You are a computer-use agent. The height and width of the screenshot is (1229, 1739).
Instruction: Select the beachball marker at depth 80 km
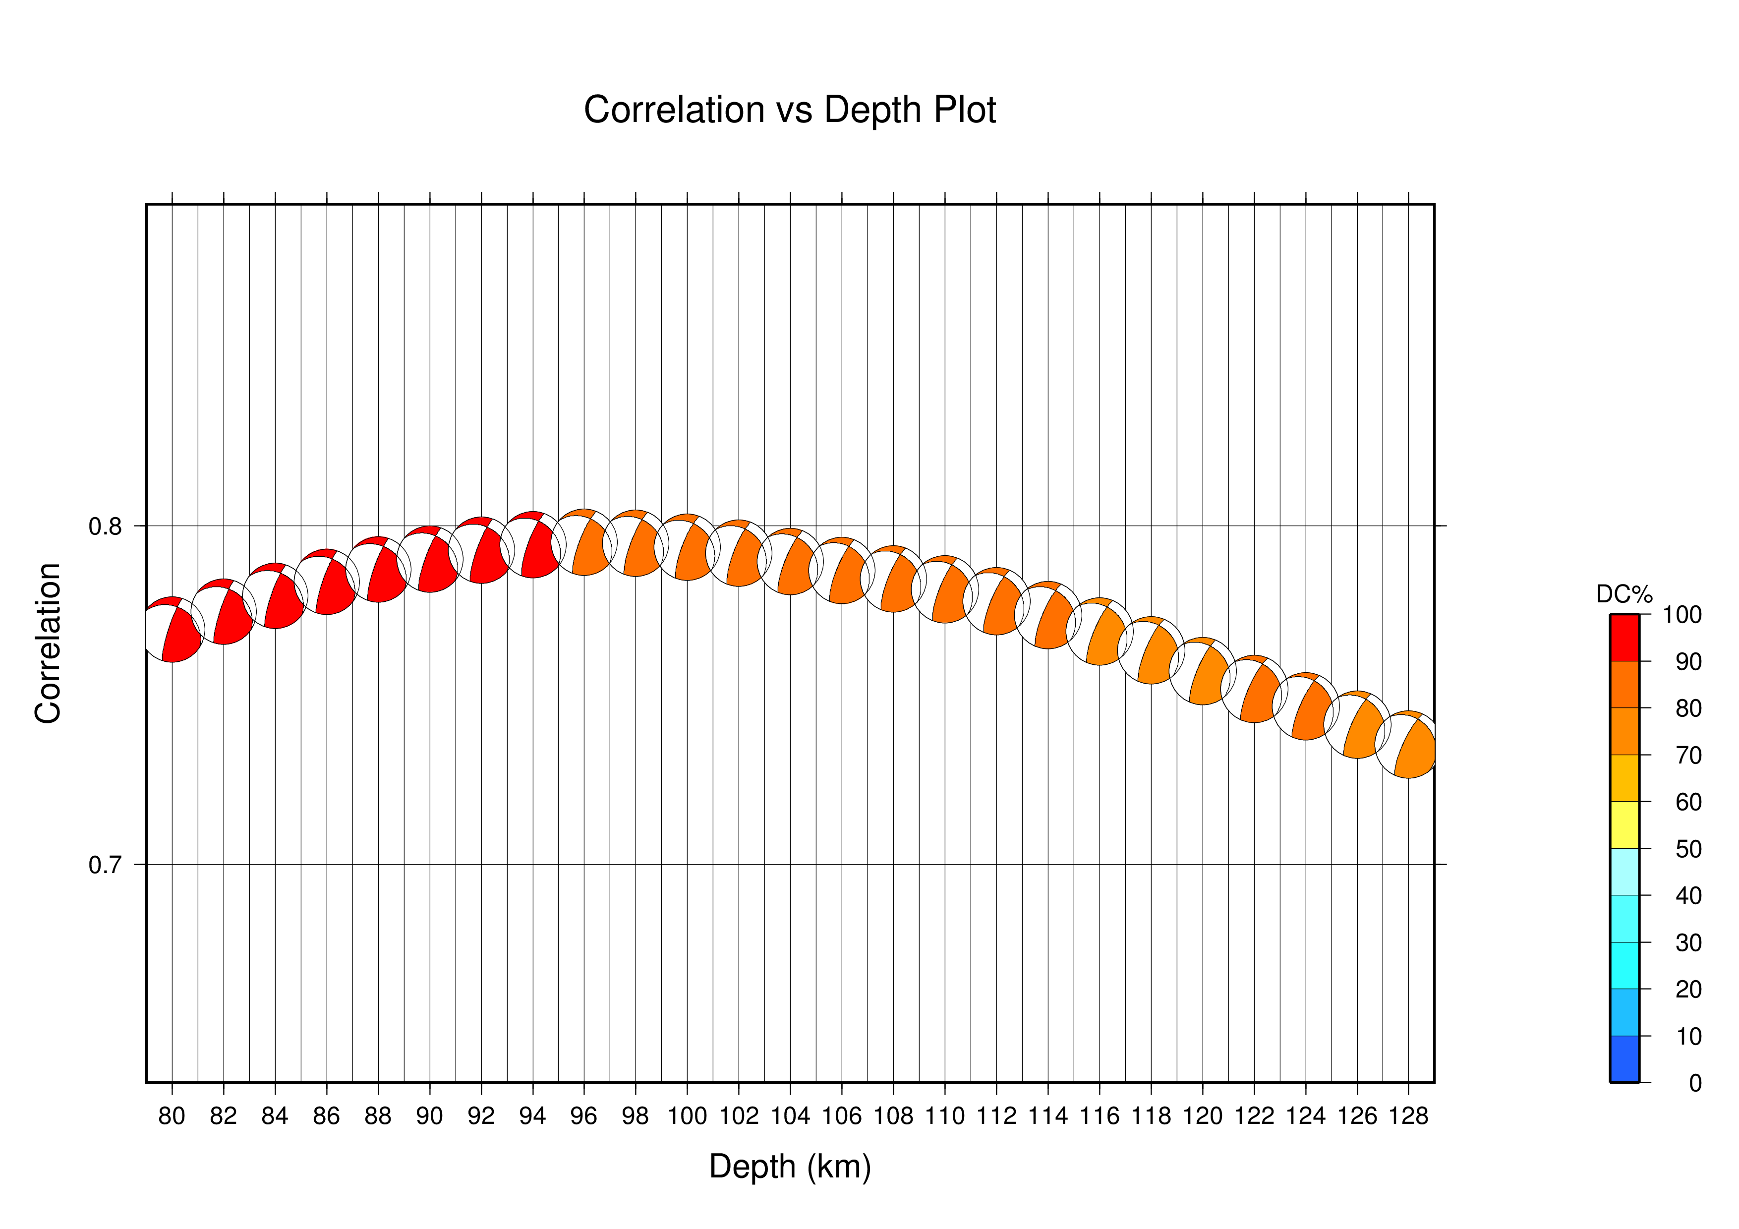pos(172,629)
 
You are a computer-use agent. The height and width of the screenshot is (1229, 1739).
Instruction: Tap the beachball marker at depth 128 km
pos(1408,744)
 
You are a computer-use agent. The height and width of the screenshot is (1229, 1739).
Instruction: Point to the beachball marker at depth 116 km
pos(1099,632)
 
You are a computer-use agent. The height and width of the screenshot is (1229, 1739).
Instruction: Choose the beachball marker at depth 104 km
pos(790,561)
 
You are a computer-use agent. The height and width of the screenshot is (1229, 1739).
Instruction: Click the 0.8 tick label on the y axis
pos(105,527)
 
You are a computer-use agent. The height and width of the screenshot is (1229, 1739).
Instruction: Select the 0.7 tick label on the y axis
pos(105,865)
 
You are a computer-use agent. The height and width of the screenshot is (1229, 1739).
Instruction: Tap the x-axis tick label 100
pos(687,1116)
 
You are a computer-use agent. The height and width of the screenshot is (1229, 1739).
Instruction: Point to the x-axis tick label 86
pos(327,1116)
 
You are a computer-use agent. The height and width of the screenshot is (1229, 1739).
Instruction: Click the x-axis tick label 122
pos(1254,1116)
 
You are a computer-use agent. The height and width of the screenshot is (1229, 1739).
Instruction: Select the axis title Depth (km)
pos(790,1167)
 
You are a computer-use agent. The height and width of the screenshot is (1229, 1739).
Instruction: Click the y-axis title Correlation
pos(48,643)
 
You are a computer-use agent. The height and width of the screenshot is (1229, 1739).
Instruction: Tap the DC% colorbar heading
pos(1624,593)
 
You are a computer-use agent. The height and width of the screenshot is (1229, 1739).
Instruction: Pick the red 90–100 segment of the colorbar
pos(1624,638)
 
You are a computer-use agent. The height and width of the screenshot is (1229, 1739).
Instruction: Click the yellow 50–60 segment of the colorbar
pos(1624,824)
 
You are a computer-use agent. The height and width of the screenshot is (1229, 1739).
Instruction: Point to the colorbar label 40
pos(1688,896)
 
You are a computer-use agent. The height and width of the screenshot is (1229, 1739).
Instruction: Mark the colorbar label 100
pos(1682,615)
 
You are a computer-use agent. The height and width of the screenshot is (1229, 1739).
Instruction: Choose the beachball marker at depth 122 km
pos(1254,689)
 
